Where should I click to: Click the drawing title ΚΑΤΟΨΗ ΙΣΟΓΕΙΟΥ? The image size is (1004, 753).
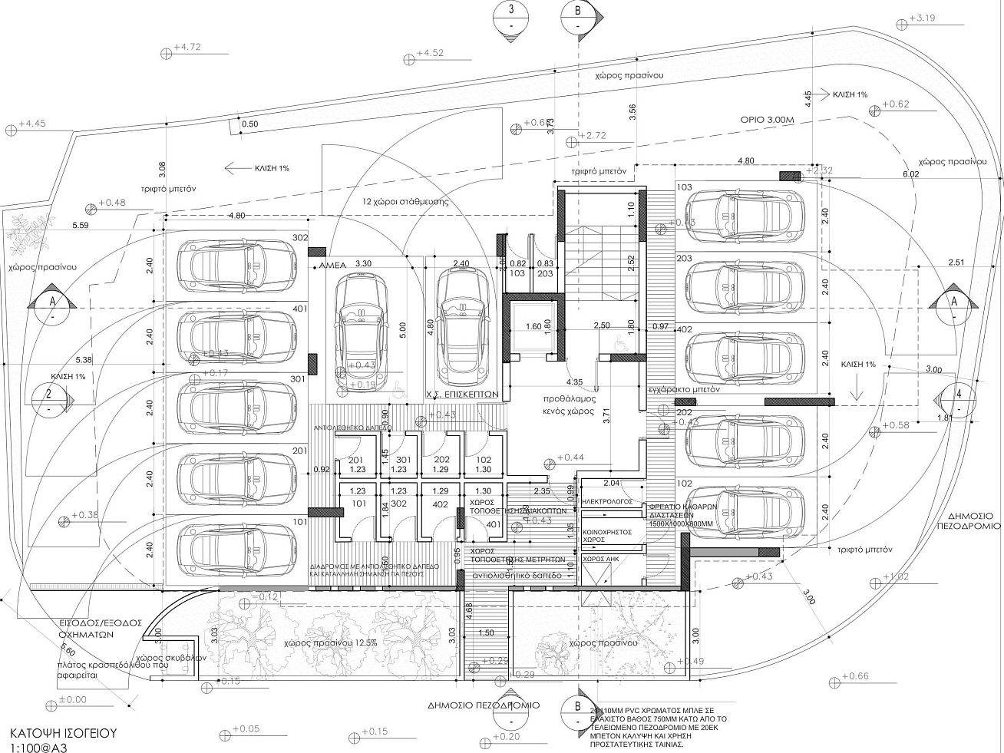coord(63,732)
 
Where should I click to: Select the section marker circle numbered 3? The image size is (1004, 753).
coord(510,15)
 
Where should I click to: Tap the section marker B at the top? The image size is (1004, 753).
coord(576,15)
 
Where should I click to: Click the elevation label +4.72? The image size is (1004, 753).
coord(187,48)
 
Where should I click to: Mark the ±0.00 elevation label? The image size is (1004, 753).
coord(73,699)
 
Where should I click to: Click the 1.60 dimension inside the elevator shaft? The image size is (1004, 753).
coord(533,326)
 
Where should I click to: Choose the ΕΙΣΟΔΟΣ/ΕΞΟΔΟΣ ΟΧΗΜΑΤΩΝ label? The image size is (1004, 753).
coord(88,629)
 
